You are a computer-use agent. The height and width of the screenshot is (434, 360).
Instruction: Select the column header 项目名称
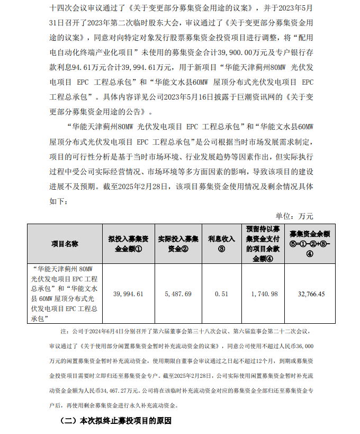65,244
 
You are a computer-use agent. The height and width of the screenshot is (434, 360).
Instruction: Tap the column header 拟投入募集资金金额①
128,244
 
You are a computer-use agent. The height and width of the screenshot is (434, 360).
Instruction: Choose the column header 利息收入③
222,244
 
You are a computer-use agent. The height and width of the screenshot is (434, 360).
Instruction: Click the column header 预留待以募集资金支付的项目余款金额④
262,244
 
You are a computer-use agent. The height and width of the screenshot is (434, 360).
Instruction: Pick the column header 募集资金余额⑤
311,244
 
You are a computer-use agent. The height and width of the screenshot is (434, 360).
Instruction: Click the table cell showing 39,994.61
128,294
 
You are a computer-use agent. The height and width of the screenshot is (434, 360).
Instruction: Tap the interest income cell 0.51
222,294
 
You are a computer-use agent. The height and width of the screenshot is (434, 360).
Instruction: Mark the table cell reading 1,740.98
262,294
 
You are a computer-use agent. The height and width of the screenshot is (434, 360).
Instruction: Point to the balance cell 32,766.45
311,294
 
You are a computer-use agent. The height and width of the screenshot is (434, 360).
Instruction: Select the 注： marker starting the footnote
65,332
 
